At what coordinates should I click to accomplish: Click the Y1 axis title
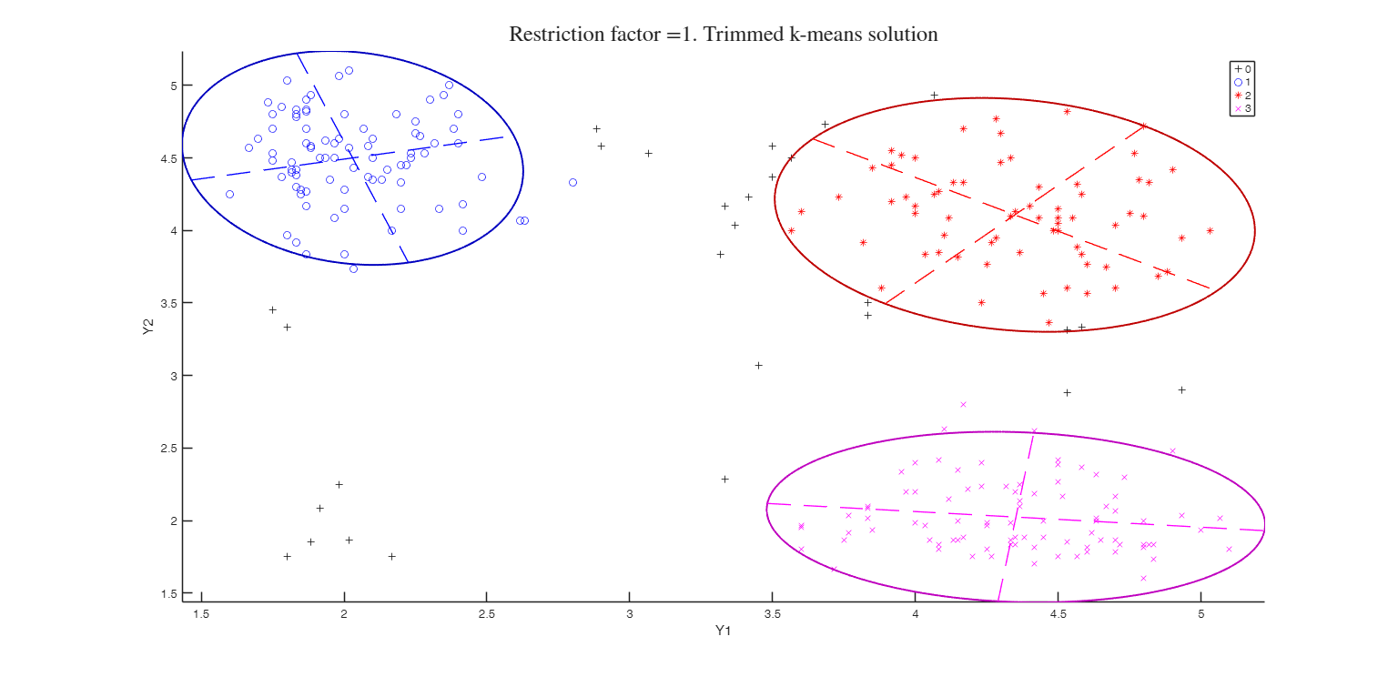point(724,630)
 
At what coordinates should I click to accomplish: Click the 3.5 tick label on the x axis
point(772,613)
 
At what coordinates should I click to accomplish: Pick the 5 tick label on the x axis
point(1200,613)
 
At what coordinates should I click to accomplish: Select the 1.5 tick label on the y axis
point(169,593)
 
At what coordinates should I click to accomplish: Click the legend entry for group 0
point(1242,68)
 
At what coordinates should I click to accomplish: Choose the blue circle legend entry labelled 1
point(1242,82)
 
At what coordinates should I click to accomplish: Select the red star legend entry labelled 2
point(1242,96)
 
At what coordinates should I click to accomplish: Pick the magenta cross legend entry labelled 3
point(1242,109)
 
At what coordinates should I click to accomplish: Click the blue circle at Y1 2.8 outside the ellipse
point(572,182)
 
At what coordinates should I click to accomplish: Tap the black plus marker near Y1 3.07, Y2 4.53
point(648,153)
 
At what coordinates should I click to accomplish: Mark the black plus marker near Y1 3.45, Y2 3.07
point(758,365)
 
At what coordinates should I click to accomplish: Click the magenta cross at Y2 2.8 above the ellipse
point(963,404)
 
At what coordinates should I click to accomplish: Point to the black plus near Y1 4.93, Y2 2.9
point(1181,389)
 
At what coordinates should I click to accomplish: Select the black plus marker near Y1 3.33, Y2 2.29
point(724,479)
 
